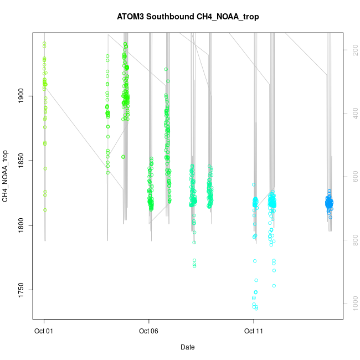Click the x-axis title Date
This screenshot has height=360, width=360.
click(187, 347)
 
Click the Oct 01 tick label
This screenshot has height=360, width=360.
click(44, 332)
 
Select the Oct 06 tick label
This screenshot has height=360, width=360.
click(149, 332)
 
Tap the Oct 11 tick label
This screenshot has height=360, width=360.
click(254, 332)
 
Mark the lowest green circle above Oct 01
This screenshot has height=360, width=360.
click(45, 210)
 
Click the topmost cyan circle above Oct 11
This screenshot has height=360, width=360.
click(254, 184)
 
